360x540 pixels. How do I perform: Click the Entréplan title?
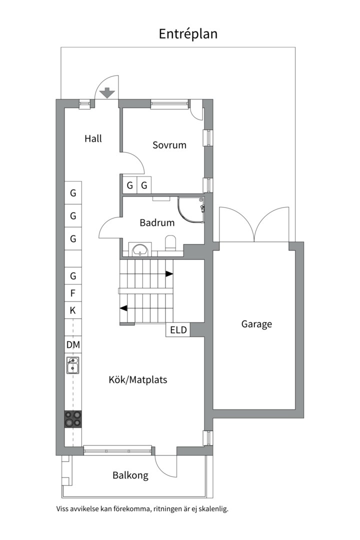pyautogui.click(x=188, y=34)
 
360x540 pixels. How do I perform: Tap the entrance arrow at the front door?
pyautogui.click(x=107, y=93)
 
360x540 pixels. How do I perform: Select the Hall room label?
pyautogui.click(x=93, y=138)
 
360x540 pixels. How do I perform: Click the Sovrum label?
pyautogui.click(x=169, y=145)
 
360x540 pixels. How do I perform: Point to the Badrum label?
pyautogui.click(x=157, y=223)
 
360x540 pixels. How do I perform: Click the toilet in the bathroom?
pyautogui.click(x=170, y=243)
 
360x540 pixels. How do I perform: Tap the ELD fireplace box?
pyautogui.click(x=178, y=330)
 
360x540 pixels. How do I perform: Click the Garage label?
pyautogui.click(x=256, y=324)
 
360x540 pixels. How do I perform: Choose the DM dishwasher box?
pyautogui.click(x=73, y=345)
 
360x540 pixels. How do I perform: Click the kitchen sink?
pyautogui.click(x=73, y=366)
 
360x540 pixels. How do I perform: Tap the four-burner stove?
pyautogui.click(x=73, y=418)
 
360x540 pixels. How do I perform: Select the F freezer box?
pyautogui.click(x=73, y=293)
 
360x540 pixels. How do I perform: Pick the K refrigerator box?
pyautogui.click(x=73, y=310)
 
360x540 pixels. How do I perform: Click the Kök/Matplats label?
pyautogui.click(x=138, y=380)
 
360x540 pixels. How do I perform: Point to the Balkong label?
pyautogui.click(x=130, y=475)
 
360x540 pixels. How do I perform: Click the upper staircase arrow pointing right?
pyautogui.click(x=169, y=274)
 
